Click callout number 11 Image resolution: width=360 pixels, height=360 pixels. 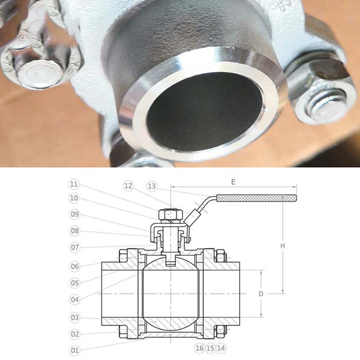74,184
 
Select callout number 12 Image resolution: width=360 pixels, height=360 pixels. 129,186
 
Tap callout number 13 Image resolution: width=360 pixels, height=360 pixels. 152,186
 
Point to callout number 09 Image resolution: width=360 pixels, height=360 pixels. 75,214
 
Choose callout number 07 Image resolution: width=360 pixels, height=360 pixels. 75,247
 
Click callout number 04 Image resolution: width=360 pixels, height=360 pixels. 75,299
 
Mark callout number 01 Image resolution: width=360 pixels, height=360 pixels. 75,350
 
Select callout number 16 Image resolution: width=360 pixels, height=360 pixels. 200,348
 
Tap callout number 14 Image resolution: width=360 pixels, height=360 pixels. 221,348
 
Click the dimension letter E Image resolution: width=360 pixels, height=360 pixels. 233,182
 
